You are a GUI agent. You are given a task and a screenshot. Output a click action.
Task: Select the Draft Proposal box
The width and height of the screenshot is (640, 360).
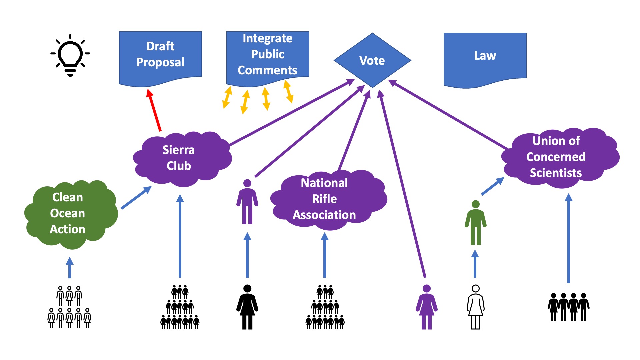tap(160, 55)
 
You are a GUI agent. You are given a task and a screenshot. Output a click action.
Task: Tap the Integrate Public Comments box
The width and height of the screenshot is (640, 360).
tap(268, 55)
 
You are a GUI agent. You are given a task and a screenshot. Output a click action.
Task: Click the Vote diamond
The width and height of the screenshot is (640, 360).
tap(372, 60)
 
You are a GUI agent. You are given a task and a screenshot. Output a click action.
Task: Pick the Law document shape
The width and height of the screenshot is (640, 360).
tap(485, 57)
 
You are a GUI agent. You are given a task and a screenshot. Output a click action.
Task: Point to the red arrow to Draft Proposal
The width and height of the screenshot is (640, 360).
tap(154, 110)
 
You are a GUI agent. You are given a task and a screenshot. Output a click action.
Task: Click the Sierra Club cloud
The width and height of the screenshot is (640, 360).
tap(180, 158)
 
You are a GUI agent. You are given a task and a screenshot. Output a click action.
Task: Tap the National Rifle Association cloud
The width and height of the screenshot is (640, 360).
tap(327, 200)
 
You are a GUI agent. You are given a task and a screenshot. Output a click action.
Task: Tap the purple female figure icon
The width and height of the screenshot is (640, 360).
tap(427, 307)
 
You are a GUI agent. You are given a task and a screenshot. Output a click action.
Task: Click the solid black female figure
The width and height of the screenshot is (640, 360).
tap(247, 307)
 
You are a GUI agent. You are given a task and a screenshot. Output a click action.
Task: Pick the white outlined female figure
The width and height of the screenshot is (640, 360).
tap(476, 307)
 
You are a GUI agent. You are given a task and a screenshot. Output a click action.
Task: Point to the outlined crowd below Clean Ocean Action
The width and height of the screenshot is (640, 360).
tap(69, 307)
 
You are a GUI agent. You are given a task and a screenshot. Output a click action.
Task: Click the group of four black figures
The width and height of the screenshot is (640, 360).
tap(569, 307)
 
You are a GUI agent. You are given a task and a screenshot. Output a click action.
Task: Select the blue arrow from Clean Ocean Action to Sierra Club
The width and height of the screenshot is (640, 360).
tap(136, 198)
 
